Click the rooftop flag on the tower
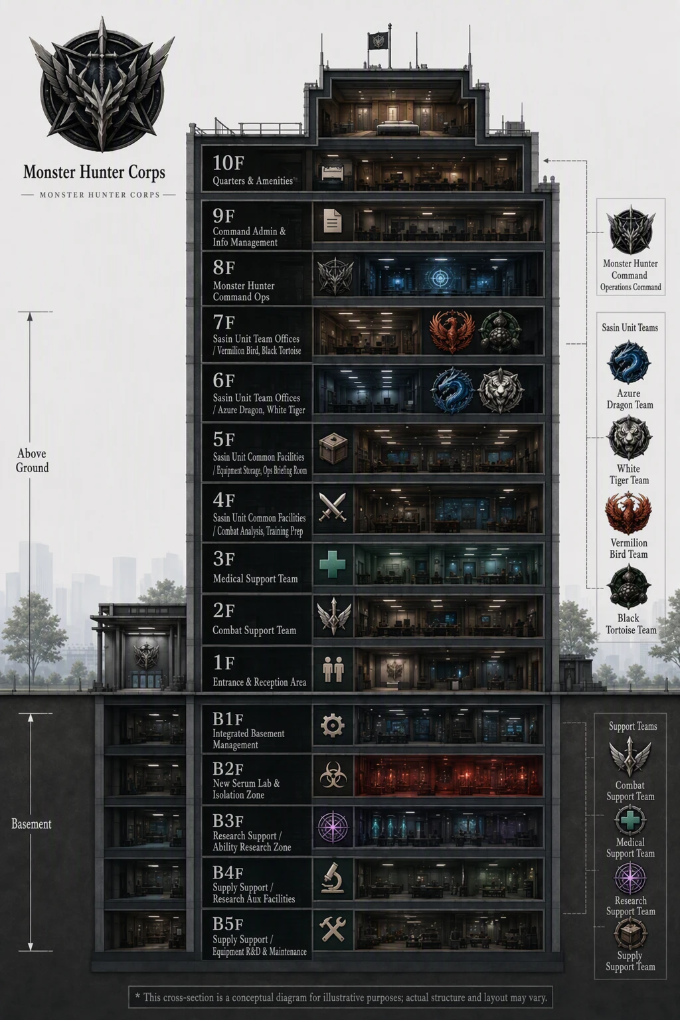point(378,41)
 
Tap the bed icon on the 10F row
point(333,172)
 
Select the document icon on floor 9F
point(333,221)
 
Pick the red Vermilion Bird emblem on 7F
point(452,332)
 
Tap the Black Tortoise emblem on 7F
point(500,332)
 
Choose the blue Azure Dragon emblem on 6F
point(452,390)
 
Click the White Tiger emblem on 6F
point(500,390)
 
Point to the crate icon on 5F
point(333,448)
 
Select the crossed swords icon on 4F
point(333,507)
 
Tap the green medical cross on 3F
point(333,564)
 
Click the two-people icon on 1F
point(333,669)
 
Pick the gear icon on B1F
point(333,725)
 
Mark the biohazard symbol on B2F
point(333,776)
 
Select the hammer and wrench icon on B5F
point(333,929)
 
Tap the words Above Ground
point(32,460)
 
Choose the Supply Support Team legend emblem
point(630,934)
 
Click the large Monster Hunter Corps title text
point(94,173)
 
